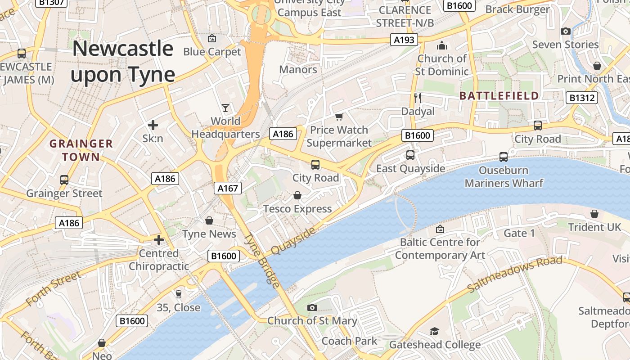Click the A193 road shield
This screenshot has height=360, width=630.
point(404,40)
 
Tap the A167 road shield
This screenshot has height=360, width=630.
point(228,188)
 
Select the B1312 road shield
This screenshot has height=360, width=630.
point(581,98)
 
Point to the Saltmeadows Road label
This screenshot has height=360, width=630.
point(515,274)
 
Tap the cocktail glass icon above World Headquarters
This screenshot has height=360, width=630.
point(225,108)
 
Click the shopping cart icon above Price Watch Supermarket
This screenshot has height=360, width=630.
point(339,117)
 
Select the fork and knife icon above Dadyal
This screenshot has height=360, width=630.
point(418,98)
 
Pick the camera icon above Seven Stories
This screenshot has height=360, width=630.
point(566,31)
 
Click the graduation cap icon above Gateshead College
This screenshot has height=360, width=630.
point(434,332)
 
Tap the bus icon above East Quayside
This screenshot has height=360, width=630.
point(410,155)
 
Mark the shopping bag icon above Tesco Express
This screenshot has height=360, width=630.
point(297,195)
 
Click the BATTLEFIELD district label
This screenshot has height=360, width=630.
point(499,95)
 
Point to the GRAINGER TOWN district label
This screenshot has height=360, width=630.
point(81,150)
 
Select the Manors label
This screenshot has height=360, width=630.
point(298,69)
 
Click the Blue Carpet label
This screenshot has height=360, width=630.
point(212,52)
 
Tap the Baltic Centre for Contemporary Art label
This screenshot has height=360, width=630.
point(440,248)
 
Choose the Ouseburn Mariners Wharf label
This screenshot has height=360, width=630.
point(504,177)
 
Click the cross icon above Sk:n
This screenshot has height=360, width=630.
point(153,125)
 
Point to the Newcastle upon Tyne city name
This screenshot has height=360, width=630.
point(122,62)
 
